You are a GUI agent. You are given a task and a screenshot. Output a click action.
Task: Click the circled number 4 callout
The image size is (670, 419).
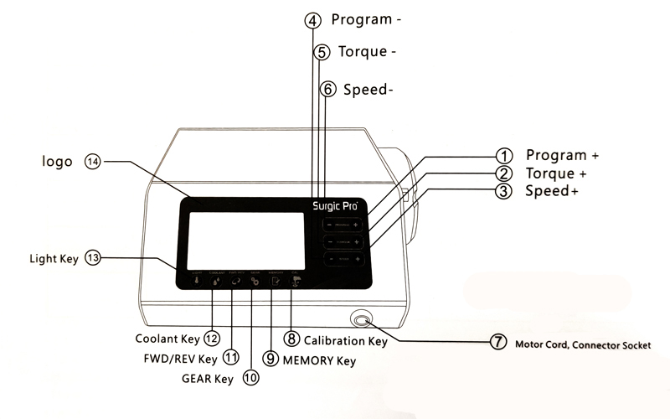(312, 20)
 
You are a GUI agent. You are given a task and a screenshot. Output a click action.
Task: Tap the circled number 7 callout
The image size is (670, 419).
(498, 343)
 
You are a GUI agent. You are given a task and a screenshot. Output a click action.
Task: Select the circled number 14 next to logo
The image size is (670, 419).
(92, 162)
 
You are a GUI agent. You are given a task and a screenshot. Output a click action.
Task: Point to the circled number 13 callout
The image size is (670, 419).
(92, 259)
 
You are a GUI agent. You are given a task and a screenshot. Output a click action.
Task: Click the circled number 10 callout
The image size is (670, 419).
(250, 378)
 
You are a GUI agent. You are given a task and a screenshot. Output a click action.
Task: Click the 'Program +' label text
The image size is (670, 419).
(562, 155)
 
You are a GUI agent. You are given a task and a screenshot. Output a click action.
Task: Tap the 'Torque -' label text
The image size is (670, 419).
(367, 52)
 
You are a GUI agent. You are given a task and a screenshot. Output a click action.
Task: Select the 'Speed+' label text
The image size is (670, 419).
(552, 191)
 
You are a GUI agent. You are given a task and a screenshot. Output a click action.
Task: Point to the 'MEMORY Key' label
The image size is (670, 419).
(319, 360)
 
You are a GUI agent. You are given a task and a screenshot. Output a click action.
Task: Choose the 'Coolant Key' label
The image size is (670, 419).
(167, 339)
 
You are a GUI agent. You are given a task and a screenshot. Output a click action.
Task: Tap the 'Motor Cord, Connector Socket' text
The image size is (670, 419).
(583, 344)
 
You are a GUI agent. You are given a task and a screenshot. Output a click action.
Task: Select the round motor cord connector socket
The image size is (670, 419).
(363, 320)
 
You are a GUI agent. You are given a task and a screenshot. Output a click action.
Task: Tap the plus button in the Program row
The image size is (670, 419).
(357, 225)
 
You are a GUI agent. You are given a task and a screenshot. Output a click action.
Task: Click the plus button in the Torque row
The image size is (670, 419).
(357, 242)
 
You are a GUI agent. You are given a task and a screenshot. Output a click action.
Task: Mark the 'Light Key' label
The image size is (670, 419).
(54, 259)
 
